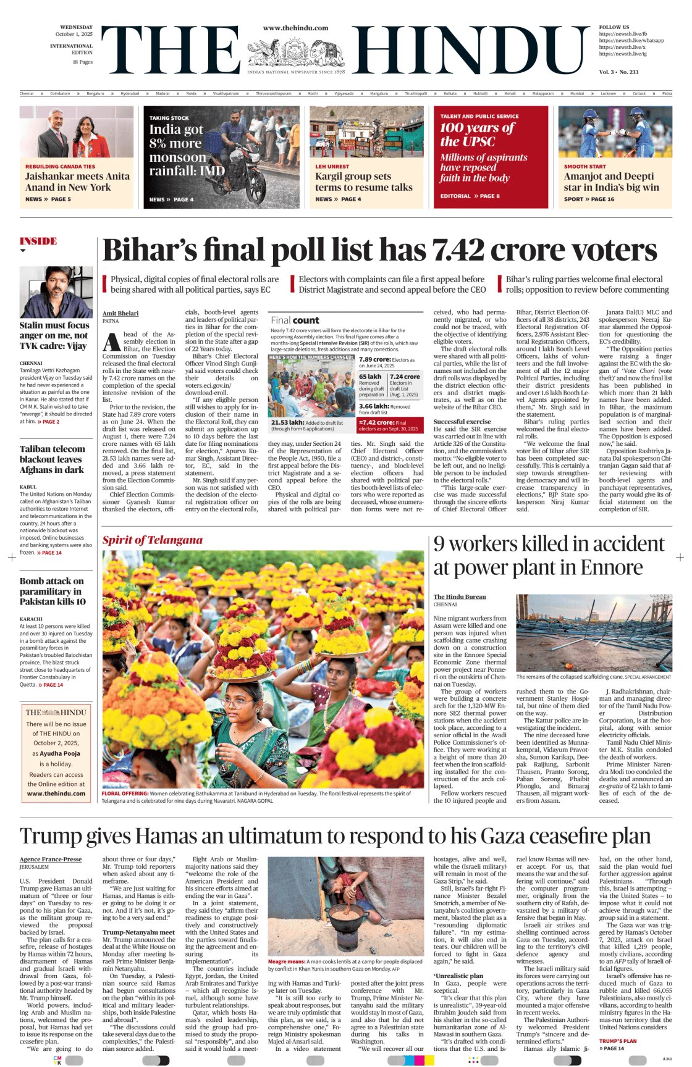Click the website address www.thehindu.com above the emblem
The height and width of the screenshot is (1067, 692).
click(295, 28)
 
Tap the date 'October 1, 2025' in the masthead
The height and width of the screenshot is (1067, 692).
click(74, 35)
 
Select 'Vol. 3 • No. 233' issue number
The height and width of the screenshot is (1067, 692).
click(618, 72)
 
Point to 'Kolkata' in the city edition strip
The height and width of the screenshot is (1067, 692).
click(450, 93)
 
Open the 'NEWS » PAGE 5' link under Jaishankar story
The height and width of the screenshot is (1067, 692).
click(48, 199)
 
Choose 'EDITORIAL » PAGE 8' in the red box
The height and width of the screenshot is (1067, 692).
click(470, 196)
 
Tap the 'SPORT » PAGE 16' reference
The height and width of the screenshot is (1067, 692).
click(589, 199)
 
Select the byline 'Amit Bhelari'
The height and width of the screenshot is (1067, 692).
click(120, 314)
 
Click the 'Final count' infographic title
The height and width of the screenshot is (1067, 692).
click(295, 320)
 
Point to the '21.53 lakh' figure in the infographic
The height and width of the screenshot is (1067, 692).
click(284, 422)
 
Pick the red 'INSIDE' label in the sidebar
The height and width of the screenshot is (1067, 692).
click(38, 241)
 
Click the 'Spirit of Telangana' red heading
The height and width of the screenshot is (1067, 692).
click(152, 540)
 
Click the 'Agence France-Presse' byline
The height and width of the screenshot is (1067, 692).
click(51, 859)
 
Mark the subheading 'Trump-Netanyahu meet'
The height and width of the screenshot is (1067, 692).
click(138, 932)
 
